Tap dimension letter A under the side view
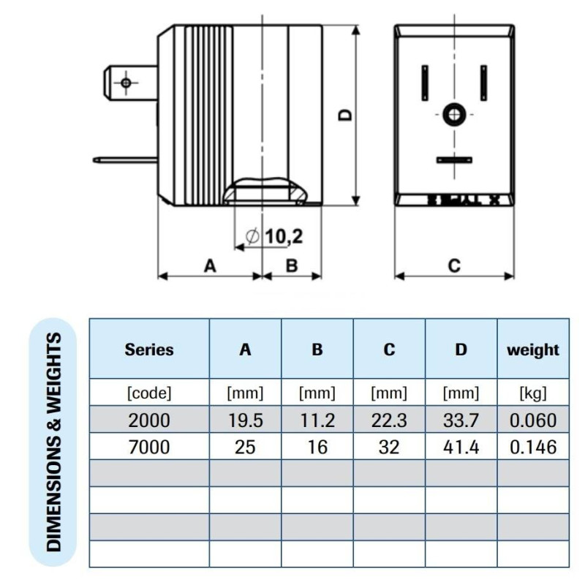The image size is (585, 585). (210, 266)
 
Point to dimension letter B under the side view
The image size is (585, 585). (291, 266)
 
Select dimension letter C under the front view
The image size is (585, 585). (454, 266)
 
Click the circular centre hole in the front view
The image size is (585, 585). (453, 114)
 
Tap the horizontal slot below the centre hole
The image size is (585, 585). (453, 159)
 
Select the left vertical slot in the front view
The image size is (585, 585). (424, 84)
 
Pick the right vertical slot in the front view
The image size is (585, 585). (483, 84)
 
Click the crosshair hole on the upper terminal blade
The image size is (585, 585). (127, 83)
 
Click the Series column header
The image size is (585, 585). (149, 350)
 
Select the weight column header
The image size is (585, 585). (533, 350)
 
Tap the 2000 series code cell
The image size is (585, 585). (149, 420)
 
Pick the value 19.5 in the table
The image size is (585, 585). (246, 420)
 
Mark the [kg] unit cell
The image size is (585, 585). (533, 393)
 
